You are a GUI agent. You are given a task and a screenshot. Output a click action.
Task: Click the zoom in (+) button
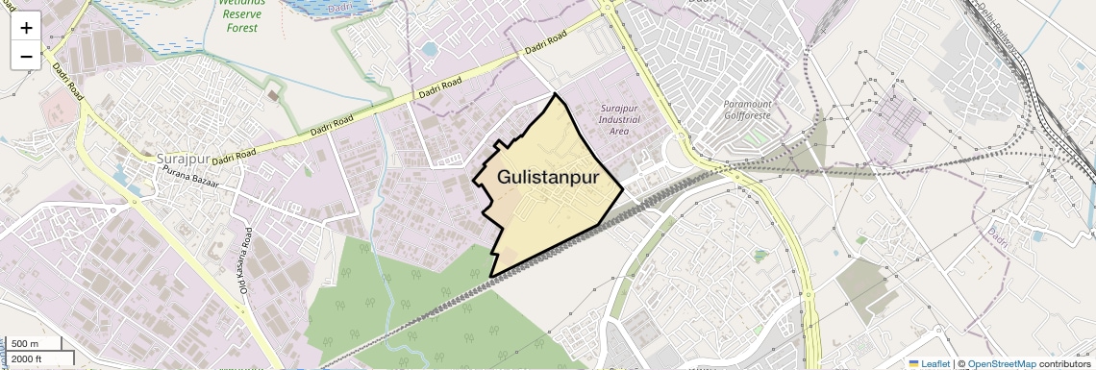26,28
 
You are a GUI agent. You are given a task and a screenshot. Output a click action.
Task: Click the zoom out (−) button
26,56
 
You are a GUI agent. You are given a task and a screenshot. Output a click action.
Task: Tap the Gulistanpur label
548,178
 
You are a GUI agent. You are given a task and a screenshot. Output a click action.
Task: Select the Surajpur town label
182,157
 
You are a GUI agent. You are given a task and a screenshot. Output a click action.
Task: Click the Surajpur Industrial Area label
619,119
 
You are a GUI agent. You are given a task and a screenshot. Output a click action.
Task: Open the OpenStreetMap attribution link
1001,363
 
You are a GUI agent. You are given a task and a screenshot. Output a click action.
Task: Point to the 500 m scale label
26,344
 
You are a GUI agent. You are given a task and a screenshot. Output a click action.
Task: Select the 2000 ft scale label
29,358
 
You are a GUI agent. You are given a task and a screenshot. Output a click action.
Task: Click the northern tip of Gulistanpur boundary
555,94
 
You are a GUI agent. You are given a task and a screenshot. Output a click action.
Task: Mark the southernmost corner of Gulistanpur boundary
491,277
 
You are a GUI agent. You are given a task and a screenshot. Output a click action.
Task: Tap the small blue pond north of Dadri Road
429,48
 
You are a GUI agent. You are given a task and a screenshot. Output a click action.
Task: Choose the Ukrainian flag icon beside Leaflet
914,363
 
